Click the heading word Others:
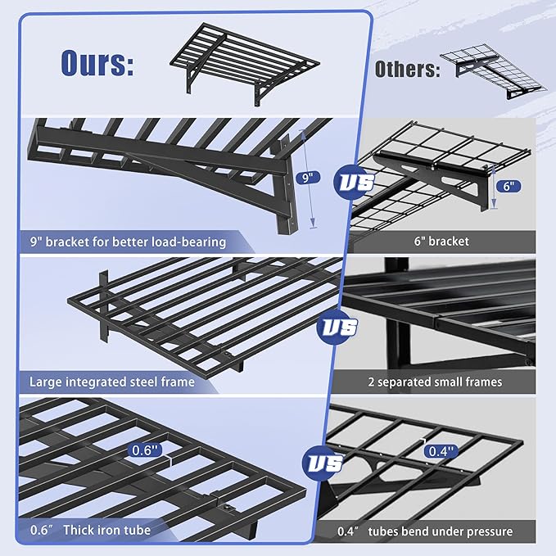point(406,69)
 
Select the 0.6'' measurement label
point(147,450)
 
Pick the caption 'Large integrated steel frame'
point(112,382)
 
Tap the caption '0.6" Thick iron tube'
point(90,531)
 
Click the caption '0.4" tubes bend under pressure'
point(426,531)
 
